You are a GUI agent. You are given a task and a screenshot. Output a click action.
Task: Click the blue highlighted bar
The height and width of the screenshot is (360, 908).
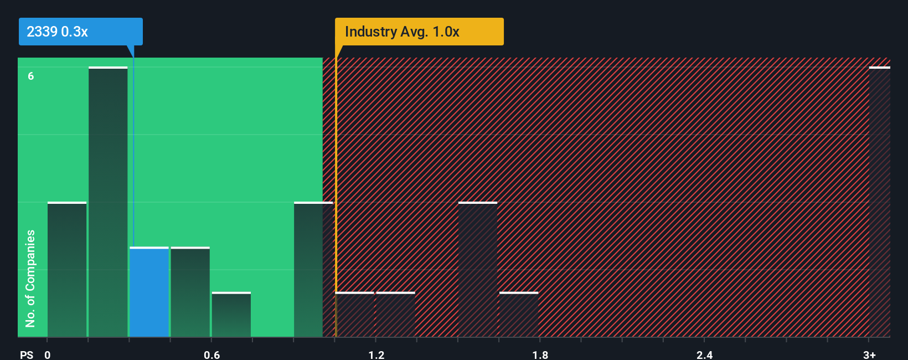(149, 292)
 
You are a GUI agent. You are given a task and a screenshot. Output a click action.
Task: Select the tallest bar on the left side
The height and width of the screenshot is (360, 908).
(108, 202)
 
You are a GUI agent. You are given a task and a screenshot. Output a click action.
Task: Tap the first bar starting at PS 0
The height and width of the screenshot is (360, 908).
(67, 270)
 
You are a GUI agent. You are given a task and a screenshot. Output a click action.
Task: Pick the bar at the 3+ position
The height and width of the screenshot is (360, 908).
(879, 202)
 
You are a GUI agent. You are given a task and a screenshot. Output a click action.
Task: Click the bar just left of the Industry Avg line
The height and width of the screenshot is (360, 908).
(313, 270)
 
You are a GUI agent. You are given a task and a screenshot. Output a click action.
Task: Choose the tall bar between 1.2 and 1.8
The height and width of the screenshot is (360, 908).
(478, 270)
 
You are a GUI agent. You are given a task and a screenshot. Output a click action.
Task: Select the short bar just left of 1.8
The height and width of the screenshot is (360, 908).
(519, 315)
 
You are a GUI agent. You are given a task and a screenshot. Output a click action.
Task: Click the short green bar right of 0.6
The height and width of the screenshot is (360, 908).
(231, 315)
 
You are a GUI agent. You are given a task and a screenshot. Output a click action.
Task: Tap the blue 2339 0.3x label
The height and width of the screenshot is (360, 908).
(81, 32)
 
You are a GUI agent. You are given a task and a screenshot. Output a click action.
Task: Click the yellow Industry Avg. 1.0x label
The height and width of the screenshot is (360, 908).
(419, 32)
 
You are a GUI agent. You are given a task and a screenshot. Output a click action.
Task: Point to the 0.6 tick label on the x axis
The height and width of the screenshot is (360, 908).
(212, 354)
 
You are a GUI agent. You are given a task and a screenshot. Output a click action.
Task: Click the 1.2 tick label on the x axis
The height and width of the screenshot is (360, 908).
(376, 354)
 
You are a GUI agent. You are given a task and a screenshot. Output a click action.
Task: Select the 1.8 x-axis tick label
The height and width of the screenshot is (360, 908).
(540, 354)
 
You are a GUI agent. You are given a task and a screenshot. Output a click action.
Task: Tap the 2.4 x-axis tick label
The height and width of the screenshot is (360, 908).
(705, 354)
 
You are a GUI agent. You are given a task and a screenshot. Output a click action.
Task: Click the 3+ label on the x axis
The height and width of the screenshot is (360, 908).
(869, 354)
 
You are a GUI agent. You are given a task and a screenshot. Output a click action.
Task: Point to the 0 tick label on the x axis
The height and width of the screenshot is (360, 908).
(48, 354)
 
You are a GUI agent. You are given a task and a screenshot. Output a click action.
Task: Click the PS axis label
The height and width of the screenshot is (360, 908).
(27, 354)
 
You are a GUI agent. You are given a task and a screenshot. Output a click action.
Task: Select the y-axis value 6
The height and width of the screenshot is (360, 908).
(31, 76)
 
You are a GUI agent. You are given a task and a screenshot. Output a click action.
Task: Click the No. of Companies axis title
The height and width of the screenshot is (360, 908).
(30, 278)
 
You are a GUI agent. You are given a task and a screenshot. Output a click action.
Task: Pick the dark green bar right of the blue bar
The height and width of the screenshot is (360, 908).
(190, 292)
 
